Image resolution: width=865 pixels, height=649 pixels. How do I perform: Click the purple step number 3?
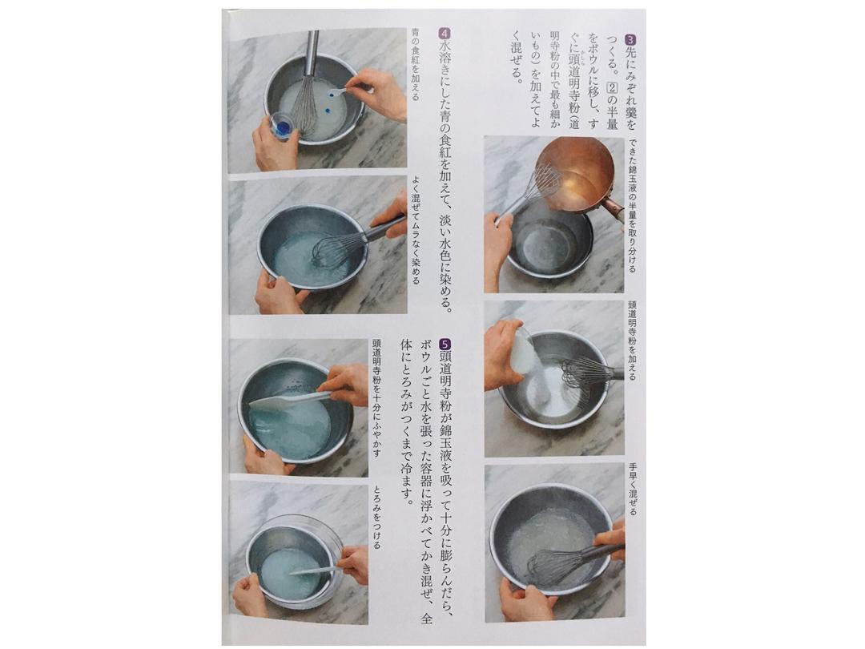630,39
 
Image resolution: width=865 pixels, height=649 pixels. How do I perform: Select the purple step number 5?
445,343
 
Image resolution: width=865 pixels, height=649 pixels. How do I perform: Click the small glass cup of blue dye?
283,127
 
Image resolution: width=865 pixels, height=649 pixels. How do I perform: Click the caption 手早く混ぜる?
632,489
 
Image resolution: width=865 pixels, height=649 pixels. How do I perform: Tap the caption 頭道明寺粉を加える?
632,340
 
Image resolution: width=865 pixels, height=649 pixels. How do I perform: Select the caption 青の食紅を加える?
415,65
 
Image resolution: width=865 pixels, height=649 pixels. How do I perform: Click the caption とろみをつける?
376,517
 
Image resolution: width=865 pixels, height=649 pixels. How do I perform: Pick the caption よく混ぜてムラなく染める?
415,231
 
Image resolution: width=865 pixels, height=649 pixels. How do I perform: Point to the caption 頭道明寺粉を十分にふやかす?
376,398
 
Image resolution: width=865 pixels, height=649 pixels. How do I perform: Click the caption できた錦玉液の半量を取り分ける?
632,205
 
